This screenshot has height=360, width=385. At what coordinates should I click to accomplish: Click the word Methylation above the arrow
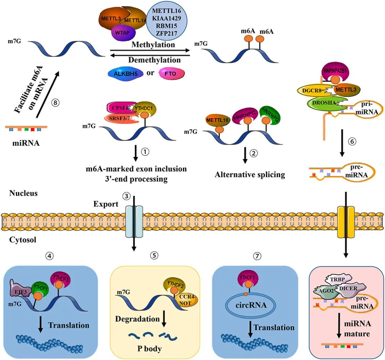(153, 45)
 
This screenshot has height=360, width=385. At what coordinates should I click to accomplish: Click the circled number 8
(55, 102)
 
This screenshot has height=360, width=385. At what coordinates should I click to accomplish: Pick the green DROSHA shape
(323, 103)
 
